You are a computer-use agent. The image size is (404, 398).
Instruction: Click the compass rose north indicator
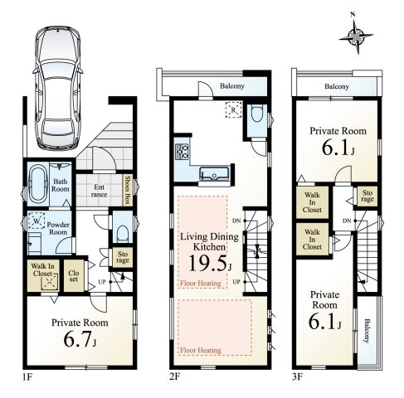coord(356,36)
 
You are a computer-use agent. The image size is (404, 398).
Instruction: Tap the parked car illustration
coord(58,88)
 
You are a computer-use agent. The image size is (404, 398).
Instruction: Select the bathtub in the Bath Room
coord(38,184)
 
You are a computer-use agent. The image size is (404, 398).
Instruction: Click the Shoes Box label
coord(128,190)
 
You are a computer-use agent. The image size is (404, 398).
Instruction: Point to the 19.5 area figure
coord(208,263)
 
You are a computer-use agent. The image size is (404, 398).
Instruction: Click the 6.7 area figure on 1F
coord(78,339)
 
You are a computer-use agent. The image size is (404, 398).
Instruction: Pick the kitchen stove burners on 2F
coord(182,152)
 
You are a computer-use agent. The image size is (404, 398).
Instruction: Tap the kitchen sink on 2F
coord(214,173)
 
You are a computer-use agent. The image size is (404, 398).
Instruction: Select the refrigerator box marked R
coord(233,109)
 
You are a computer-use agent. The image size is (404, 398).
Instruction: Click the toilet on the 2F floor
coord(257,114)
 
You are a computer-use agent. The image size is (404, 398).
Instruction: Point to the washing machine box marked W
coord(37,221)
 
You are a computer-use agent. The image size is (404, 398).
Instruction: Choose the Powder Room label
coord(58,228)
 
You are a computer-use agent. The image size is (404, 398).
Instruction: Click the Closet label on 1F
coord(74,276)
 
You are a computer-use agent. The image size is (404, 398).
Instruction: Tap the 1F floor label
coord(27,377)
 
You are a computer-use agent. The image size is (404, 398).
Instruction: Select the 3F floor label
coord(297,377)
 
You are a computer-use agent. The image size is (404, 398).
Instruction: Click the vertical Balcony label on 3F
coord(367,331)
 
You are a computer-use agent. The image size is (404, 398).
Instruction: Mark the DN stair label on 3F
coord(347,221)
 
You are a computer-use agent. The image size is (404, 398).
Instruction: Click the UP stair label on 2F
coord(236,282)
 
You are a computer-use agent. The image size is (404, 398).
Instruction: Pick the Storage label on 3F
coord(367,196)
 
